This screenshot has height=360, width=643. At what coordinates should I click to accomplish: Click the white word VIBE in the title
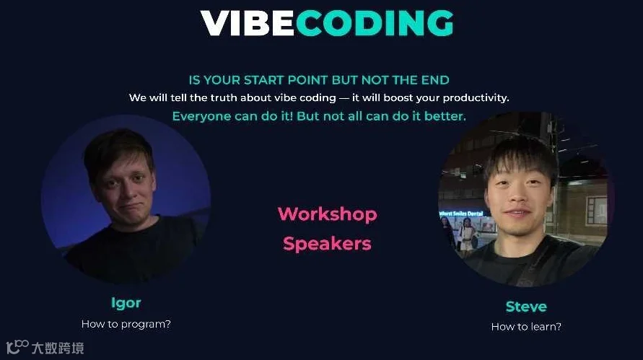pos(247,23)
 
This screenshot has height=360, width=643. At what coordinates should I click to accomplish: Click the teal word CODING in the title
pos(374,23)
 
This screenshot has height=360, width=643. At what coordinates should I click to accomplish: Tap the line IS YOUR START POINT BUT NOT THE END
pos(319,80)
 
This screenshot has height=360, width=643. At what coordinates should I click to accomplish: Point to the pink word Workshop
pos(327,214)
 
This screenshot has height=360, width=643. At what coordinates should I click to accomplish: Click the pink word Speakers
pos(327,244)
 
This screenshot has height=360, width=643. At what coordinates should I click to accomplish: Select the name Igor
pos(126,302)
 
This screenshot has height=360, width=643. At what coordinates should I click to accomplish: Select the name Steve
pos(525,306)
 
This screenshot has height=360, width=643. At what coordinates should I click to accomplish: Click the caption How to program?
pos(126,324)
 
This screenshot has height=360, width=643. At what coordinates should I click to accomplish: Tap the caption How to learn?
pos(526,327)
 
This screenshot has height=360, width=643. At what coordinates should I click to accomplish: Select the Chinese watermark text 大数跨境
pos(58,348)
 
